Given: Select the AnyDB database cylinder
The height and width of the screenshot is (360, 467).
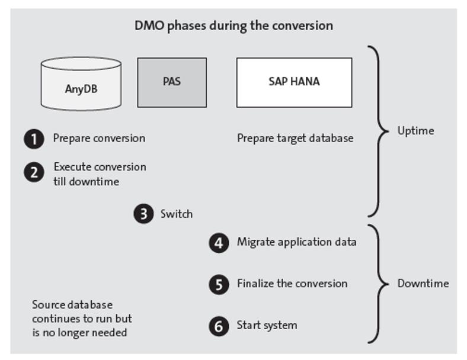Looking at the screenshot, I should (81, 84).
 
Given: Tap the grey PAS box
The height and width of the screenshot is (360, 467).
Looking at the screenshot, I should (172, 82).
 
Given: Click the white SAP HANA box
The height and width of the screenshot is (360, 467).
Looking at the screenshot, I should (294, 82).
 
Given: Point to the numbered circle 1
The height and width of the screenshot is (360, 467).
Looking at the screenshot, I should (34, 139).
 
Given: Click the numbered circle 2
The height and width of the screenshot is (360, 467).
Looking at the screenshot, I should (34, 172).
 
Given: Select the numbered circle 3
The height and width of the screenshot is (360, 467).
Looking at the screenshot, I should (143, 214).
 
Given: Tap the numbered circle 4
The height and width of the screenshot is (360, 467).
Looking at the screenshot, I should (219, 242).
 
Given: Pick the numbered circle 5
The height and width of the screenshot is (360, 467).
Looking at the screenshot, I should (219, 284).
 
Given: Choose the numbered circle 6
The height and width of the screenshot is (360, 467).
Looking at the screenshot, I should (219, 326).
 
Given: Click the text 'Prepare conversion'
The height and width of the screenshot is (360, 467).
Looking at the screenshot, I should (99, 139).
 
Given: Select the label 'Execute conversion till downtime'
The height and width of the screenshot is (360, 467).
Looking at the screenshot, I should (99, 174).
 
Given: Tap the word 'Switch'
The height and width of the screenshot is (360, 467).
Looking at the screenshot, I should (176, 214).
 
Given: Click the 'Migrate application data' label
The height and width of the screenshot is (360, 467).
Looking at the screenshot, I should (296, 242).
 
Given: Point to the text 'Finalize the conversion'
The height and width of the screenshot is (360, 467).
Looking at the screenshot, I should (292, 284).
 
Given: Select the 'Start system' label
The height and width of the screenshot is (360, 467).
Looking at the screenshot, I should (267, 325).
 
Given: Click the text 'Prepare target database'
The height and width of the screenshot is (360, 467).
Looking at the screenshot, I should (295, 139).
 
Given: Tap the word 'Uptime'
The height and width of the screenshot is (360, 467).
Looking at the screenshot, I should (415, 131).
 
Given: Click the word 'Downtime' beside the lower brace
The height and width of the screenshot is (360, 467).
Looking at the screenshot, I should (423, 284).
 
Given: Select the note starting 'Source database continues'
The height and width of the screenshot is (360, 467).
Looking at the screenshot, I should (82, 319).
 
